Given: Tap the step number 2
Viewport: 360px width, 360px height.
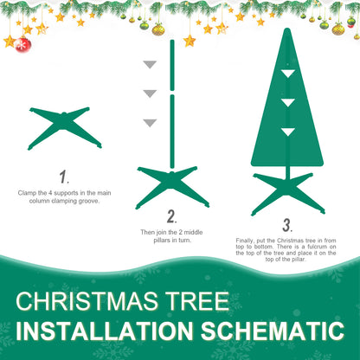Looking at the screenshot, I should pyautogui.click(x=171, y=216).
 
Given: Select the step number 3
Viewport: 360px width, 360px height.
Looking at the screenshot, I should pyautogui.click(x=286, y=225).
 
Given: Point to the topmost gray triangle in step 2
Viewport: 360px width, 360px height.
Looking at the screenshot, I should pyautogui.click(x=150, y=65).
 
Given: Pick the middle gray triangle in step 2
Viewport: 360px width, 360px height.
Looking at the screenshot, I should pyautogui.click(x=150, y=93).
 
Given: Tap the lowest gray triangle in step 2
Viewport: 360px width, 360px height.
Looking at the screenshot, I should pyautogui.click(x=150, y=122).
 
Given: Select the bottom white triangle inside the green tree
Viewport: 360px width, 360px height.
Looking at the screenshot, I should pyautogui.click(x=286, y=132).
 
